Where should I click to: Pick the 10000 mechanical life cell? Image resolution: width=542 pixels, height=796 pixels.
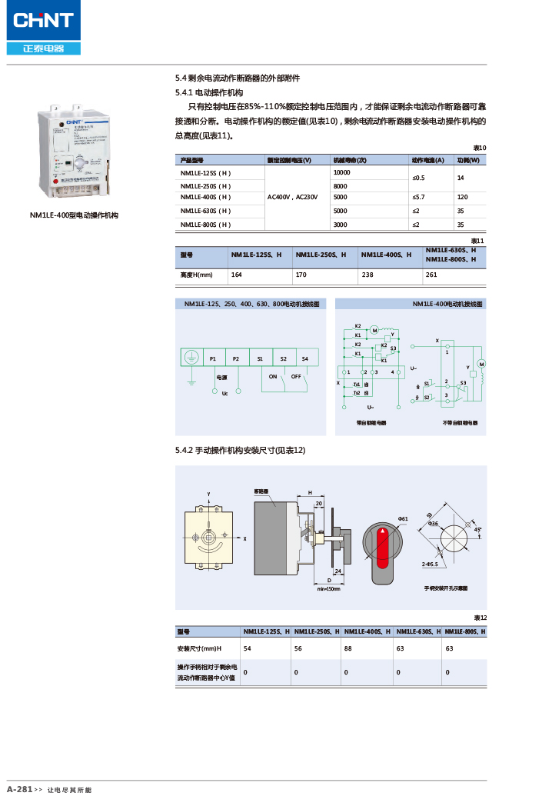tap(342, 172)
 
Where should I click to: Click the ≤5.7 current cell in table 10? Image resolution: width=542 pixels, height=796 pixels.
tap(420, 198)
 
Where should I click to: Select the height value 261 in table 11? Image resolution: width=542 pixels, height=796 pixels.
tap(431, 274)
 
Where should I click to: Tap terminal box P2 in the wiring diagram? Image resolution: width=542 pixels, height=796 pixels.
tap(236, 358)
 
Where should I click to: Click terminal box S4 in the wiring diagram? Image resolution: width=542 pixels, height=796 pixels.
tap(305, 358)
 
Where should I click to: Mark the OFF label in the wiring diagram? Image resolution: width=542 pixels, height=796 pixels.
tap(296, 376)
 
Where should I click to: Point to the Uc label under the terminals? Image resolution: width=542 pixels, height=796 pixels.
tap(224, 394)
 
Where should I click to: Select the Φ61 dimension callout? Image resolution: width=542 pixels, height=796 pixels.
tap(402, 519)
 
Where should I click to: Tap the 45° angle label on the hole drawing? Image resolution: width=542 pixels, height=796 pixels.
tap(477, 529)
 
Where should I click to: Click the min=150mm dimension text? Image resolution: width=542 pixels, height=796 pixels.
tap(328, 588)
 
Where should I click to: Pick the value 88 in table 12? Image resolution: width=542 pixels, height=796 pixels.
tap(347, 649)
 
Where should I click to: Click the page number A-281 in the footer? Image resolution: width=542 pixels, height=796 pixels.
tap(19, 789)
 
